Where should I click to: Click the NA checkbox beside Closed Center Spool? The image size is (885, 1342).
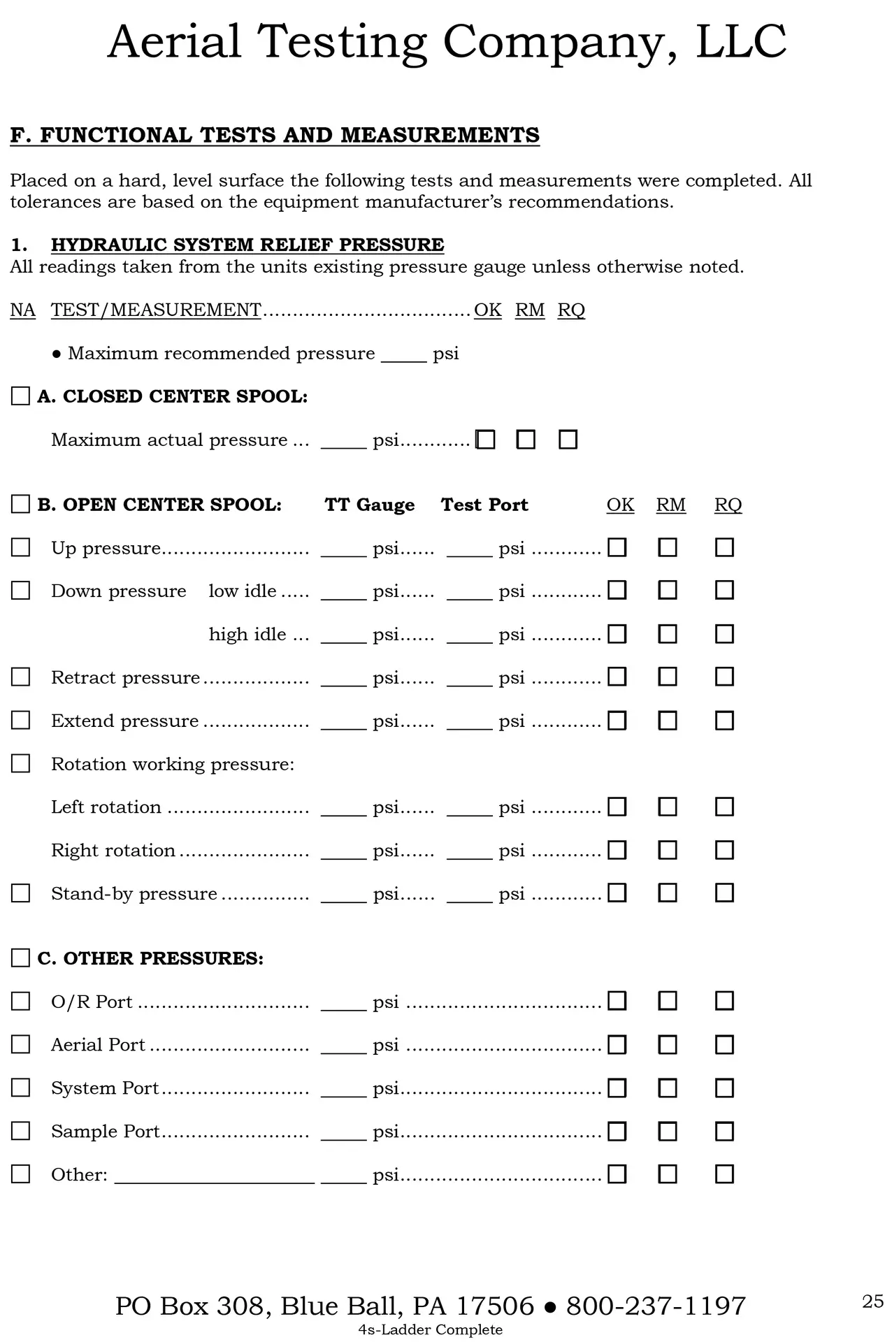(x=21, y=396)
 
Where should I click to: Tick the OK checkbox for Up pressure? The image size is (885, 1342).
(x=617, y=547)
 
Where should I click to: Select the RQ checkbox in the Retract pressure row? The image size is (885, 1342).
(x=724, y=677)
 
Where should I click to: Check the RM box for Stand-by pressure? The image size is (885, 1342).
(x=668, y=893)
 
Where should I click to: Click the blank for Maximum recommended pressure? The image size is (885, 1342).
(x=403, y=354)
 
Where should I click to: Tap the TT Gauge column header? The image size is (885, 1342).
(x=369, y=505)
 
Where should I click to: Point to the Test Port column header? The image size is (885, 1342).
(x=484, y=505)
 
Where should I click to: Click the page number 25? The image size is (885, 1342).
(x=872, y=1301)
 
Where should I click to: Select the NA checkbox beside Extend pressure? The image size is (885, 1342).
(x=21, y=720)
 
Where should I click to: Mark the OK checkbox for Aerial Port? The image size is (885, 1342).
(x=617, y=1044)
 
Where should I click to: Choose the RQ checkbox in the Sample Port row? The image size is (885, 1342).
(x=724, y=1131)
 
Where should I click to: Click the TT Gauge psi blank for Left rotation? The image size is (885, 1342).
(x=343, y=808)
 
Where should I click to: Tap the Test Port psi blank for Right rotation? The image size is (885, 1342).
(x=469, y=851)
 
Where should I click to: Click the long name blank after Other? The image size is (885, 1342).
(x=214, y=1176)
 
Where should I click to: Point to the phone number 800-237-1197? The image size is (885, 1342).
(x=656, y=1306)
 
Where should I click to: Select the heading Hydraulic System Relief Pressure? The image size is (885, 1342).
(x=247, y=245)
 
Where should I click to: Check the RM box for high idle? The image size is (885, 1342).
(x=668, y=634)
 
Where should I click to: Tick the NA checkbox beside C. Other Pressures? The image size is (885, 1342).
(x=21, y=958)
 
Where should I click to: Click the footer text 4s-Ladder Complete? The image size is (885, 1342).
(x=430, y=1329)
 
